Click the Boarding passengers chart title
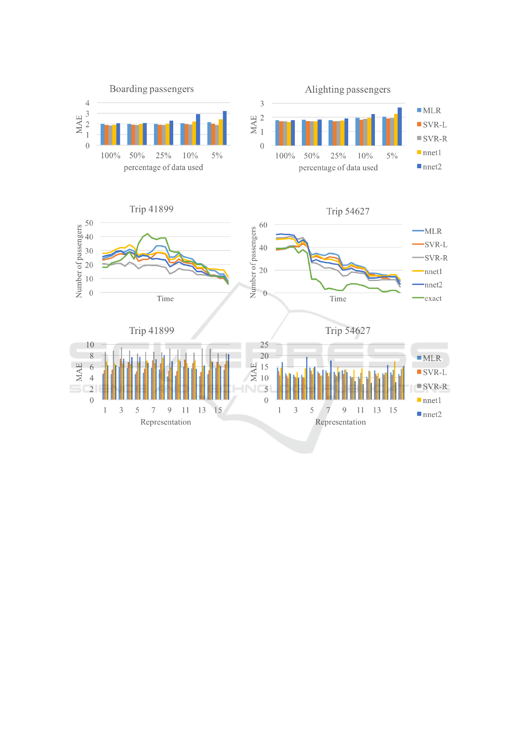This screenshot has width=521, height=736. [151, 89]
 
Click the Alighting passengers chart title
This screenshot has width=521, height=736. [347, 90]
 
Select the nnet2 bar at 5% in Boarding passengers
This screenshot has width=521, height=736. [224, 128]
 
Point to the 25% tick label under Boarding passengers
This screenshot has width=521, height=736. [164, 156]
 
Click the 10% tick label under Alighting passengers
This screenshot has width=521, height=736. [365, 156]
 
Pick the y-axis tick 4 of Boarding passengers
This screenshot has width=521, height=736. [87, 103]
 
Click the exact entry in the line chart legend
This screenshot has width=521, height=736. [433, 299]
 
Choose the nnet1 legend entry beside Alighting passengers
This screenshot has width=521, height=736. [432, 153]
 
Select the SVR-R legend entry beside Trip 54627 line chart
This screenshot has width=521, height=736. [436, 258]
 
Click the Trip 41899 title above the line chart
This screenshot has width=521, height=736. [151, 209]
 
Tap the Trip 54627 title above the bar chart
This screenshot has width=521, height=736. [347, 331]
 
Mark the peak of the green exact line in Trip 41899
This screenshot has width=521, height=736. [147, 234]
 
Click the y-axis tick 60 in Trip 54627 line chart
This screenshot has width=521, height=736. [263, 225]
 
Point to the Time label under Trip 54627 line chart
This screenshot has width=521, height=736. [338, 299]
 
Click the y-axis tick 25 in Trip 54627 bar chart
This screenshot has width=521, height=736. [264, 345]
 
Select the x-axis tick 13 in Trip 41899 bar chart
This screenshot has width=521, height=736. [202, 410]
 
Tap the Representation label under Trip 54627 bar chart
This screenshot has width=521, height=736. [340, 422]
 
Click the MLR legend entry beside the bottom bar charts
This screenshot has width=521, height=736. [431, 358]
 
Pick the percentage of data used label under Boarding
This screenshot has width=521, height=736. [163, 167]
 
